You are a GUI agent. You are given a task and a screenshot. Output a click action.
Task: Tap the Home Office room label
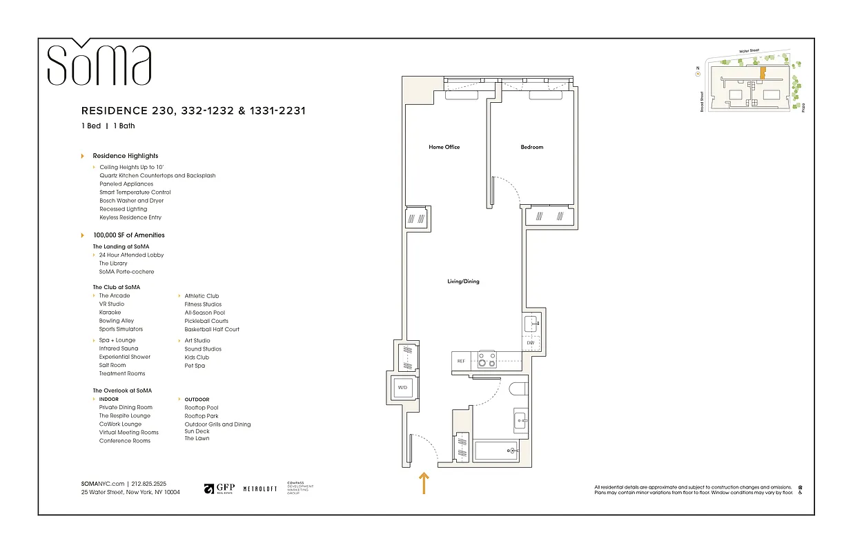(444, 147)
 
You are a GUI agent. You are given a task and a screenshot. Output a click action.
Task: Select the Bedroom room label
(531, 147)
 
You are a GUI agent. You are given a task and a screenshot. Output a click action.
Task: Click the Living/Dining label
(462, 282)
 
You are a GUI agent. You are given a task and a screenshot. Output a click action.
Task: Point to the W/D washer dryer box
(402, 388)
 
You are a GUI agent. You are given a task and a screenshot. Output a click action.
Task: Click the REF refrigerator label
(461, 360)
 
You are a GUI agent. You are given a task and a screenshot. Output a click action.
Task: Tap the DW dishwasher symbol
(530, 343)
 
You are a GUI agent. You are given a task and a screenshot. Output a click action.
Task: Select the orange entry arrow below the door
(424, 483)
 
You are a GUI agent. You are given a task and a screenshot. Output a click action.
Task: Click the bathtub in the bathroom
(496, 451)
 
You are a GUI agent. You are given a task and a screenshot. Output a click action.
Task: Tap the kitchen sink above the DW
(531, 324)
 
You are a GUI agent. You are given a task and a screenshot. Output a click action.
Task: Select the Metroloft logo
(260, 489)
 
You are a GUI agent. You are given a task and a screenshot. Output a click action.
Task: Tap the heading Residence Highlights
(126, 156)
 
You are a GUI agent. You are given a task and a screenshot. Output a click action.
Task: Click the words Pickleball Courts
(206, 321)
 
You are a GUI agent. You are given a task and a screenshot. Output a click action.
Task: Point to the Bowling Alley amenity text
(117, 321)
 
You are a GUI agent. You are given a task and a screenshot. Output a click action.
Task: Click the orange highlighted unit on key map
(763, 74)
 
